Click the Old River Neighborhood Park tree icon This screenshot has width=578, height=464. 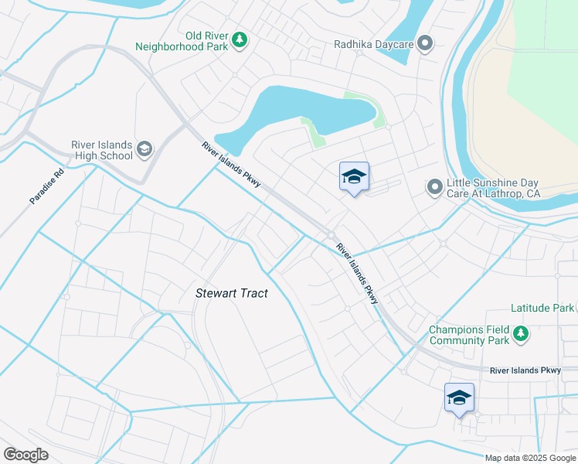point(240,39)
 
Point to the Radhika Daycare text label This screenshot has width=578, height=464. point(373,45)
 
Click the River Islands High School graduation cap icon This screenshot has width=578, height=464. point(144,148)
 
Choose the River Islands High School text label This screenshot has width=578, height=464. point(101,149)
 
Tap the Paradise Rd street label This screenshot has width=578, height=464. point(46,185)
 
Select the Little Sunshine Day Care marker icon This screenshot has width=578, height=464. point(435,186)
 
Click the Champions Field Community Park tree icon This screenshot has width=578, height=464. point(522,334)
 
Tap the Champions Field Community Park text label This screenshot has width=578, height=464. point(469,335)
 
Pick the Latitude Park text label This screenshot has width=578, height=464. point(542,308)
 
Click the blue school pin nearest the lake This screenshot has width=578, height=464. point(354,177)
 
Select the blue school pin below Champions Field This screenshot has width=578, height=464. point(459,397)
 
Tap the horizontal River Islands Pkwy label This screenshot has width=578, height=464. point(525,371)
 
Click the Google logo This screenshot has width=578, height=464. point(26,455)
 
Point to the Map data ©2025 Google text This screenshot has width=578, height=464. point(530,458)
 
